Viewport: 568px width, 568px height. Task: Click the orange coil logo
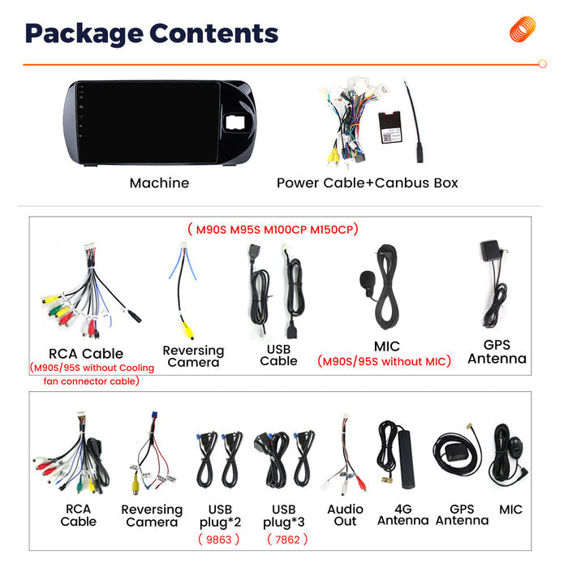click(x=522, y=28)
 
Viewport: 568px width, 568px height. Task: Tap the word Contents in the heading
click(x=213, y=33)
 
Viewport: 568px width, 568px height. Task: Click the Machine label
click(x=159, y=183)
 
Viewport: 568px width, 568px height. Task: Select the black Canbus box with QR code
click(x=390, y=127)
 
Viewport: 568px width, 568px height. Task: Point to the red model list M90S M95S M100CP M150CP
click(x=273, y=230)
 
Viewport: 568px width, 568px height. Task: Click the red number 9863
click(x=219, y=540)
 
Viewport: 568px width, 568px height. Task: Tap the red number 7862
click(x=287, y=540)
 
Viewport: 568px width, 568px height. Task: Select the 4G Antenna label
click(x=402, y=514)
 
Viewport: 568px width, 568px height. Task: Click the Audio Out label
click(x=345, y=515)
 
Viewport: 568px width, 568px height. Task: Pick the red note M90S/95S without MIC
click(x=385, y=361)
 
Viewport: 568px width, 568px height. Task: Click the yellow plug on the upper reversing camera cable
click(x=187, y=329)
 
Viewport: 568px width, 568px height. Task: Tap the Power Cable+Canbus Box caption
click(x=368, y=183)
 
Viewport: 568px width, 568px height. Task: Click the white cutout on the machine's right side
click(x=235, y=122)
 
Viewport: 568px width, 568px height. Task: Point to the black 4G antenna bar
click(x=407, y=459)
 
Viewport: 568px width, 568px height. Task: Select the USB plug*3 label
click(x=284, y=516)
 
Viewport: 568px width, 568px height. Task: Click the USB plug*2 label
click(x=220, y=516)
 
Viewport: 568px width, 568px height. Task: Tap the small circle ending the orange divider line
click(x=542, y=64)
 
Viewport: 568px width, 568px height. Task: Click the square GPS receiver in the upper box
click(x=490, y=251)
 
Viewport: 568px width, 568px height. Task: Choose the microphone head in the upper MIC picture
click(x=367, y=279)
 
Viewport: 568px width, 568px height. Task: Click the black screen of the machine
click(x=148, y=123)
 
